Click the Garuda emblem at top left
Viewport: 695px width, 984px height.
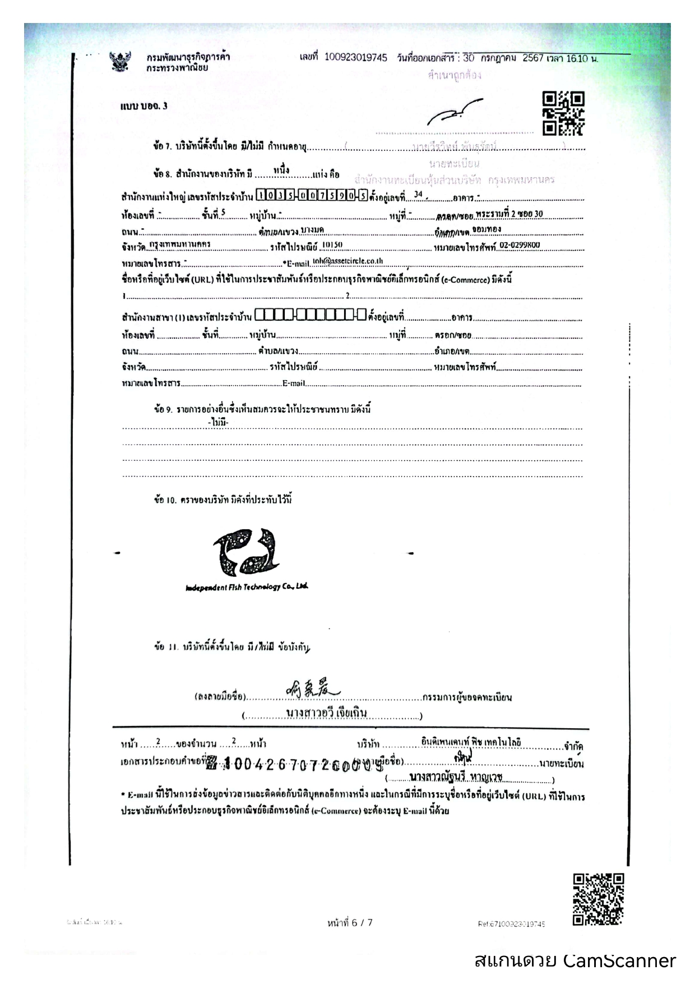tap(119, 61)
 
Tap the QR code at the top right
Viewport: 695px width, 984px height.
tap(563, 113)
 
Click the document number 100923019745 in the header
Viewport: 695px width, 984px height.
tap(355, 58)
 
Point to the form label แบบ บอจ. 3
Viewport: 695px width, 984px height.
tap(143, 106)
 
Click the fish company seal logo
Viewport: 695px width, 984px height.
tap(246, 552)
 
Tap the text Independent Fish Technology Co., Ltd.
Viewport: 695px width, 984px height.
tap(247, 587)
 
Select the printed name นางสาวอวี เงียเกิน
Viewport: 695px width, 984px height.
tap(326, 713)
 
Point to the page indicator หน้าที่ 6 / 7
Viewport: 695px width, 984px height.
tap(350, 922)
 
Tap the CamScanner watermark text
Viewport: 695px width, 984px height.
tap(574, 960)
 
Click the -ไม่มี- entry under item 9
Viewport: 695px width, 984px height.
tap(218, 422)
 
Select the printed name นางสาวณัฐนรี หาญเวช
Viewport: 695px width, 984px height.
tap(456, 777)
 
